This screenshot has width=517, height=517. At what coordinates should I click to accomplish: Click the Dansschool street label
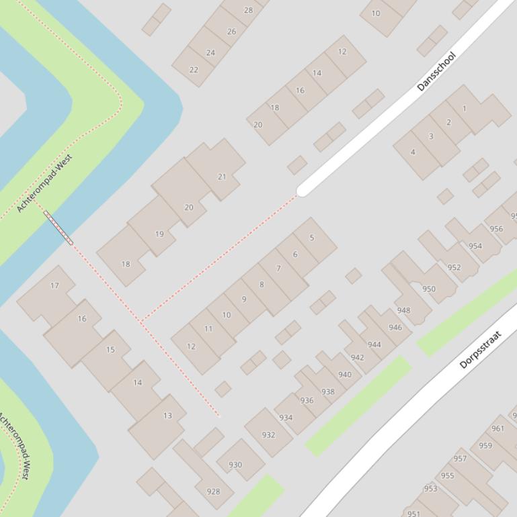[436, 71]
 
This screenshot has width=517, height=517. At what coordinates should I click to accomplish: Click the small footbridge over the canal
[58, 228]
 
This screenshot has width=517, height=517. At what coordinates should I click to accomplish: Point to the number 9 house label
[244, 299]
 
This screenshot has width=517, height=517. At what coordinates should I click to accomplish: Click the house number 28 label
[248, 10]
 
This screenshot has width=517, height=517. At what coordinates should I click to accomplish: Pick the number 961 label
[498, 428]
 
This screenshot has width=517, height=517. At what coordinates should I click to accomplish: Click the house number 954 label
[475, 246]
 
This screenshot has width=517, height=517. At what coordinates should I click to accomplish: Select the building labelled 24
[210, 52]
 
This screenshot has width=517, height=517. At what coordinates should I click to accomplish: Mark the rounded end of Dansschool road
[302, 190]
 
